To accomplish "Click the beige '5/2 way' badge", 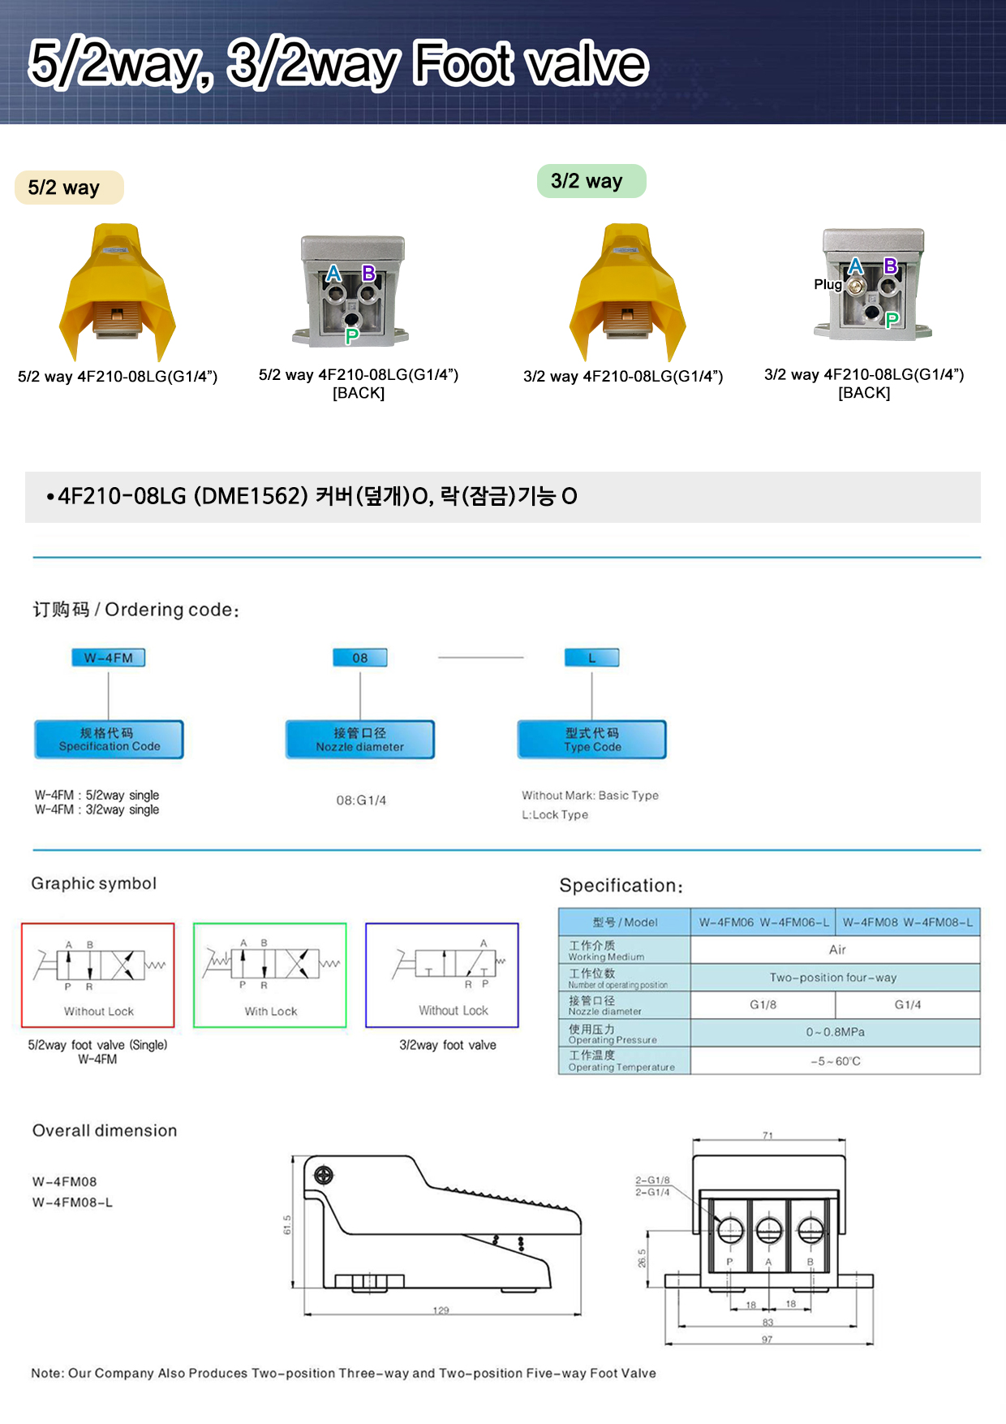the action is pos(68,188).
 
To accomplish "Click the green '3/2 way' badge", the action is pos(591,181).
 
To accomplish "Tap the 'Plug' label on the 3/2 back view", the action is pos(828,284).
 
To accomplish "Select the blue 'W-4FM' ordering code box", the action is pos(109,658).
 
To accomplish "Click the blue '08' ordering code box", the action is pos(360,658).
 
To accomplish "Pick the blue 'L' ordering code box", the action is pos(591,658).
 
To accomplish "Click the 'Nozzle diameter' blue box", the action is pos(360,740).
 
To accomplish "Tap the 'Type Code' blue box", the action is pos(592,740).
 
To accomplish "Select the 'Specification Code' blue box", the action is pos(110,740).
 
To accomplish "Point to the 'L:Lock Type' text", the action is pos(555,814).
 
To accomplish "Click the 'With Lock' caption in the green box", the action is pos(271,1012).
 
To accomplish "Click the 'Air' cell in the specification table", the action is pos(837,949).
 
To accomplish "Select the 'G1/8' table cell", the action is pos(763,1004).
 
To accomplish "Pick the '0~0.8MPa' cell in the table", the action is pos(835,1032).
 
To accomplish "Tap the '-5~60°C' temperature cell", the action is pos(835,1061).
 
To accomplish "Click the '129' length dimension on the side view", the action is pos(441,1310).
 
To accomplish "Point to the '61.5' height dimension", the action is pos(287,1224).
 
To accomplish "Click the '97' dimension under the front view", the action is pos(767,1340).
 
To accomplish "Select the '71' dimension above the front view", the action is pos(767,1136).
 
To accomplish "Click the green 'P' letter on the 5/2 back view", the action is pos(351,335).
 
